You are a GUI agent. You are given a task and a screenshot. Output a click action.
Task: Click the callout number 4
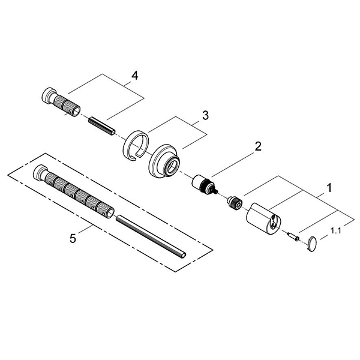134,76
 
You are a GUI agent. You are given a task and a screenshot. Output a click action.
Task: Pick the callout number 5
73,238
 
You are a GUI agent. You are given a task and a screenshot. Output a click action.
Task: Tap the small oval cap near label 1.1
312,243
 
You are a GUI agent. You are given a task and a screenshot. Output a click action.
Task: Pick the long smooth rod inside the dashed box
153,234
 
